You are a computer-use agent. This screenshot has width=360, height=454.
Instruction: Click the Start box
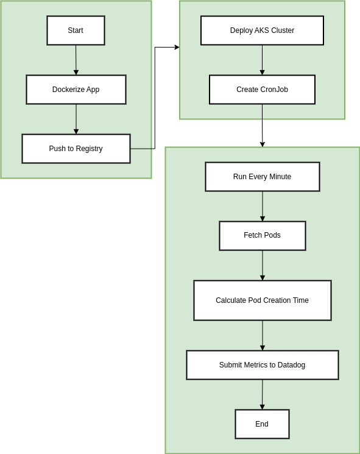point(76,30)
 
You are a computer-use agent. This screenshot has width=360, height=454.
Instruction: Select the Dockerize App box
point(76,90)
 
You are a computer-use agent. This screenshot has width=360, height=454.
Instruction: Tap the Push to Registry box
point(76,149)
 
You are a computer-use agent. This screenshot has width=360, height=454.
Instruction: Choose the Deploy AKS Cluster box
point(262,30)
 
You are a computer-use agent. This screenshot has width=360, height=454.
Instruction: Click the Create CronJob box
point(262,90)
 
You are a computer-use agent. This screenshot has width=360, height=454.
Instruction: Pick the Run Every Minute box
point(262,177)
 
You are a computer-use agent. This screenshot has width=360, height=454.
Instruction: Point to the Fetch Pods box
point(262,235)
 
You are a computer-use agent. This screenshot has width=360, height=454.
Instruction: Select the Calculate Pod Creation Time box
point(262,300)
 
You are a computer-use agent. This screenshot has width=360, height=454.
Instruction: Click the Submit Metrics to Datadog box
point(262,365)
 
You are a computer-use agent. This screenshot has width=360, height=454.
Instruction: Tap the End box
point(262,424)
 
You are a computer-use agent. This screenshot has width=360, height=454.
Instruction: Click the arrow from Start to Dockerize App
point(76,60)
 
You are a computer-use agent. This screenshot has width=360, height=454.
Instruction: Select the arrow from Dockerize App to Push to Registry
point(76,119)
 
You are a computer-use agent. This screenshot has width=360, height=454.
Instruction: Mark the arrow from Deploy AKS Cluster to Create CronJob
point(262,60)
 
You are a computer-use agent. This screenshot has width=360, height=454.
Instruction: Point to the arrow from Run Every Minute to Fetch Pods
point(263,206)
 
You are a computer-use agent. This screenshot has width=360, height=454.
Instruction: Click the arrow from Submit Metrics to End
point(263,394)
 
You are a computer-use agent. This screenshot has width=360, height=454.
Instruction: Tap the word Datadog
point(291,365)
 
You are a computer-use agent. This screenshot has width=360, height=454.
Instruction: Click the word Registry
point(89,149)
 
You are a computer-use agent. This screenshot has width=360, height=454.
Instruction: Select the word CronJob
point(274,90)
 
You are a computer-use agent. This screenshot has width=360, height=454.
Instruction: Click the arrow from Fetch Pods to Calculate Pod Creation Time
point(263,265)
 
